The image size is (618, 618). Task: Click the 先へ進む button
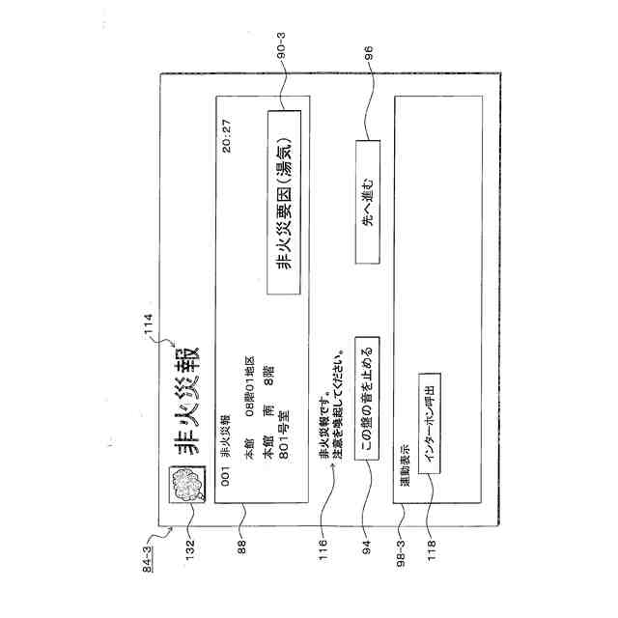pyautogui.click(x=368, y=202)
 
